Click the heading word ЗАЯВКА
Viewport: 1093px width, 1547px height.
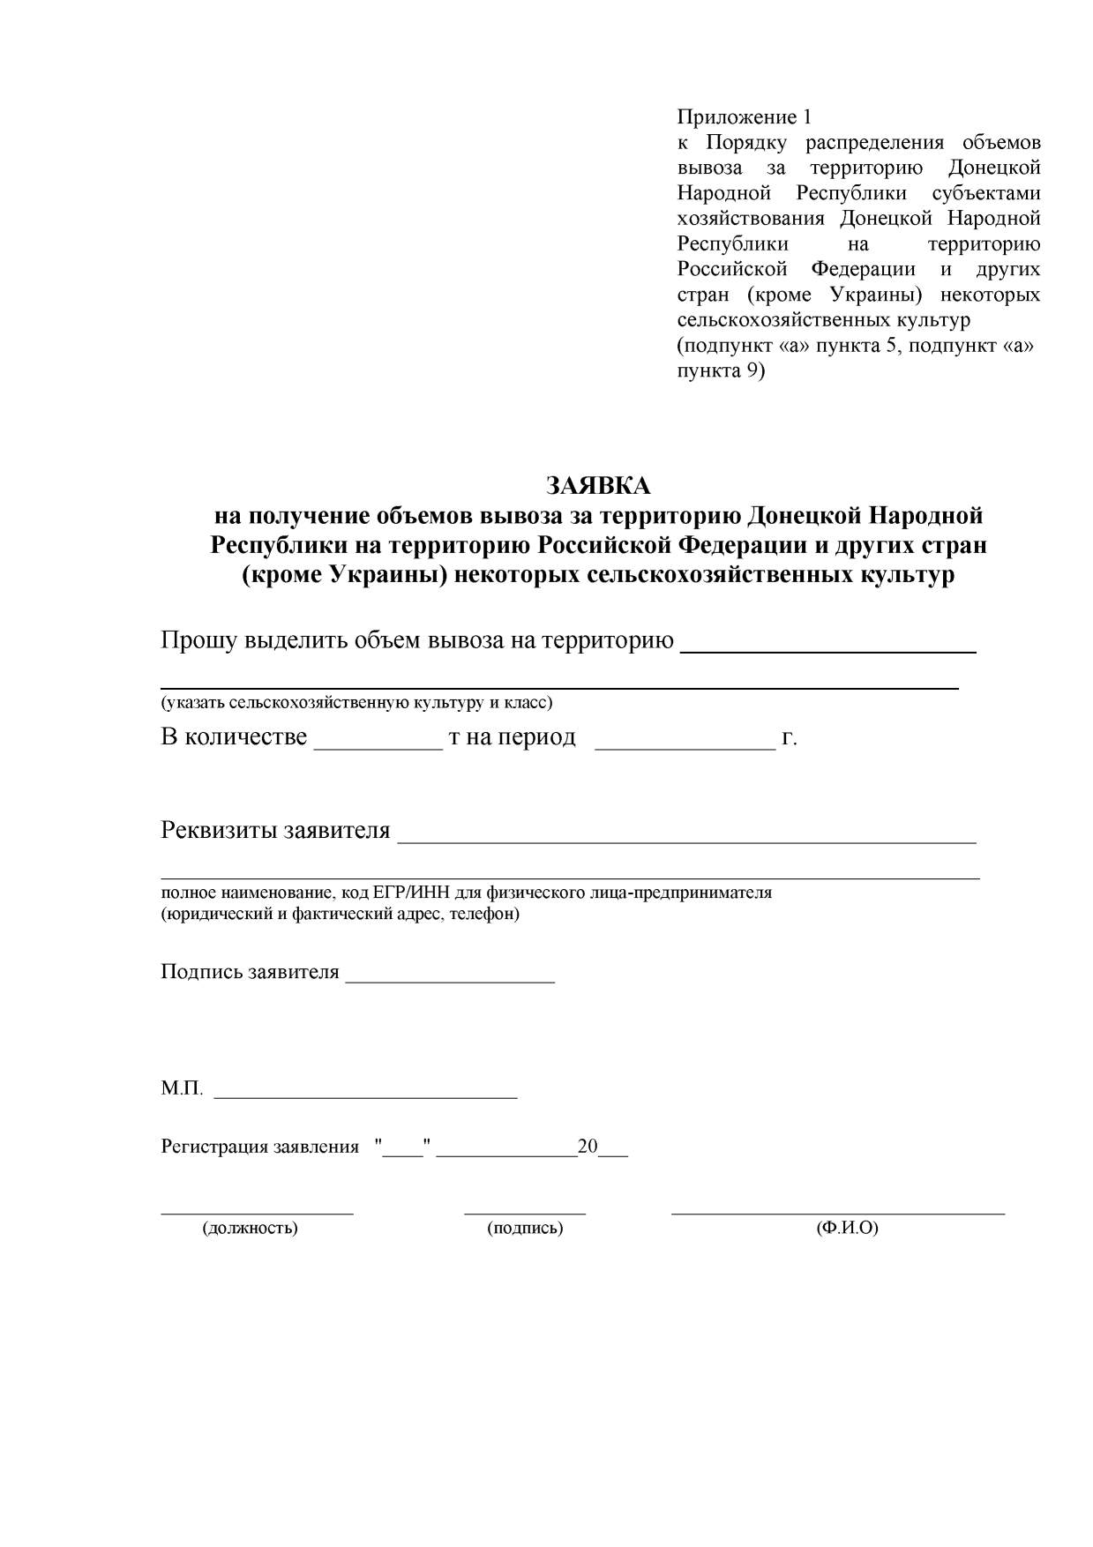598,486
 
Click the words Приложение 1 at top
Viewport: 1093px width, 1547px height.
743,117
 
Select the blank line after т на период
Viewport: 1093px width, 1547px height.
685,746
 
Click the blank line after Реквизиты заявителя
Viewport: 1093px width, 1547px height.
686,841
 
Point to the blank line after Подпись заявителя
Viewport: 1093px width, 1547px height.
450,981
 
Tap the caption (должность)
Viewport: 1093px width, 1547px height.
251,1228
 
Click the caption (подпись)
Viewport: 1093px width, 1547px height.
525,1228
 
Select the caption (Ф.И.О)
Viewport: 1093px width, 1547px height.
847,1228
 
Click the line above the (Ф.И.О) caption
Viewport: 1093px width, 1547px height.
838,1214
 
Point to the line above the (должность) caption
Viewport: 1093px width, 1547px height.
257,1214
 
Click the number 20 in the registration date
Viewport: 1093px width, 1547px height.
588,1147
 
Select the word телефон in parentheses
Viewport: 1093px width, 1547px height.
481,914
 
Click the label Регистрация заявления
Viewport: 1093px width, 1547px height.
259,1147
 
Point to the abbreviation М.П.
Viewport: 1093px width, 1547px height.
182,1089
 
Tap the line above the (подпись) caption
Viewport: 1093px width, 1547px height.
525,1214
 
